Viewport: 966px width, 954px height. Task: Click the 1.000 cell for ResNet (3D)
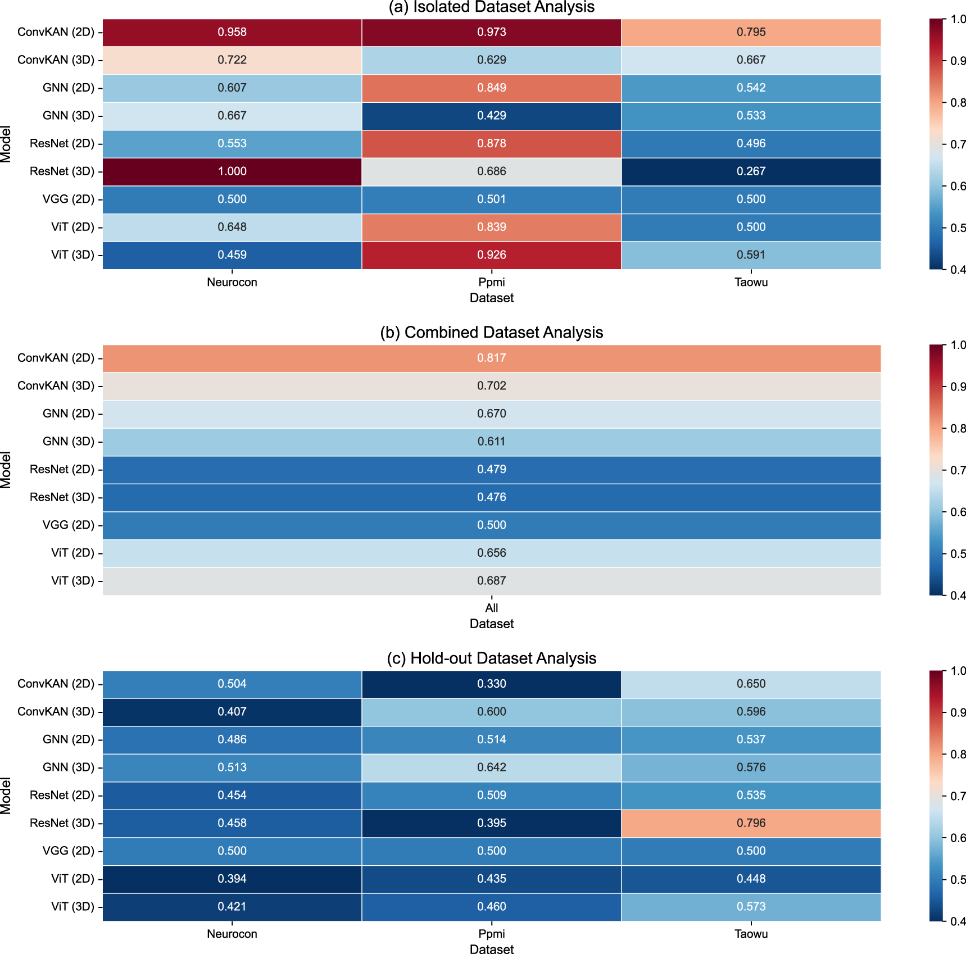click(x=232, y=171)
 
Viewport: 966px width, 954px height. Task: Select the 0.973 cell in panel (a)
click(x=492, y=32)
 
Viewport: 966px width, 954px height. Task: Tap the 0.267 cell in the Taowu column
click(x=751, y=171)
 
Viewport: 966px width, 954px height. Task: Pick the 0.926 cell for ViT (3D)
click(x=492, y=255)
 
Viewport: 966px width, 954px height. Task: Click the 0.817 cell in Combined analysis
click(x=492, y=358)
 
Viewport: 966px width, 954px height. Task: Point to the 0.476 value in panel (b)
click(x=492, y=497)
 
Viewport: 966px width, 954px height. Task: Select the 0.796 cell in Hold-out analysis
click(x=751, y=823)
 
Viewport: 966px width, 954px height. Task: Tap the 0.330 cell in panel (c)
click(x=492, y=684)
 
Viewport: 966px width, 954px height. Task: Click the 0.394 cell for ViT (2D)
click(x=232, y=879)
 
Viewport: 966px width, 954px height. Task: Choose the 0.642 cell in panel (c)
click(x=492, y=767)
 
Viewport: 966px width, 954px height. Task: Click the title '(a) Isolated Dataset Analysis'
click(x=492, y=7)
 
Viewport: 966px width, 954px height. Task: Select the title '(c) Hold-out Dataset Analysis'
click(x=492, y=658)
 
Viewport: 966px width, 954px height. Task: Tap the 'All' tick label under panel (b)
click(x=492, y=608)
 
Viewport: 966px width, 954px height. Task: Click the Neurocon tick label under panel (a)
click(x=232, y=282)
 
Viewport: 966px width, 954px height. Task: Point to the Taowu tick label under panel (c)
click(x=751, y=934)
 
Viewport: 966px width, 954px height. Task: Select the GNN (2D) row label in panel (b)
click(x=69, y=414)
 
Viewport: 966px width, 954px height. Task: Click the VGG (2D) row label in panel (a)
click(x=69, y=199)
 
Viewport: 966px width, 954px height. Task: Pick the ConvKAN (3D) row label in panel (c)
click(x=56, y=712)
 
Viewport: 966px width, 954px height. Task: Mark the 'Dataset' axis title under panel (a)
click(x=492, y=298)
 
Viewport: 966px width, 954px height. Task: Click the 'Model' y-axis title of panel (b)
click(x=6, y=470)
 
